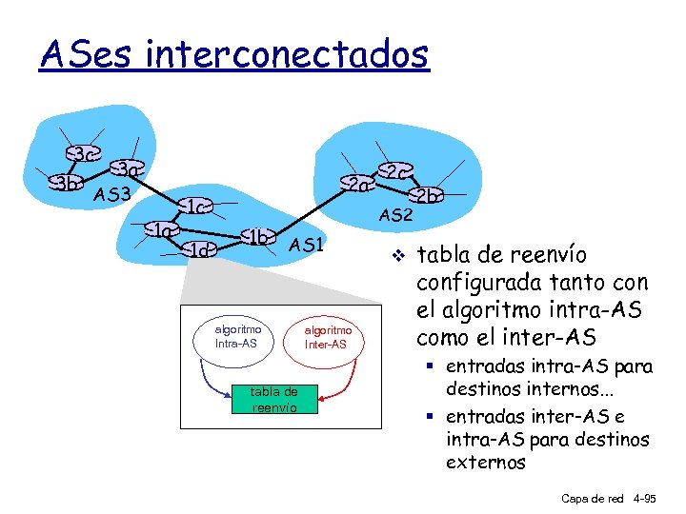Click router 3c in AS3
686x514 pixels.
[x=84, y=154]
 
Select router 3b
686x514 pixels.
[x=67, y=183]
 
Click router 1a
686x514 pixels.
[x=163, y=230]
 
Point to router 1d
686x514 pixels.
[x=200, y=250]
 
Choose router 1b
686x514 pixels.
[x=257, y=235]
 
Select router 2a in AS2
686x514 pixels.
[x=357, y=184]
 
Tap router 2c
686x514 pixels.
[x=393, y=171]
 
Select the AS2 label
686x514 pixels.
[x=395, y=216]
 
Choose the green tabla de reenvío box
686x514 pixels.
[x=273, y=399]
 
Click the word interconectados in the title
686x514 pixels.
[x=288, y=54]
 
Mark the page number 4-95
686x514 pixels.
[x=652, y=498]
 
